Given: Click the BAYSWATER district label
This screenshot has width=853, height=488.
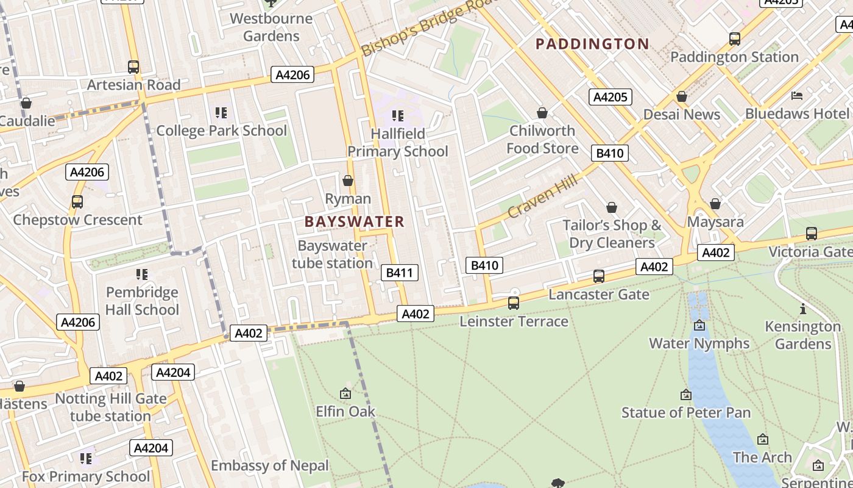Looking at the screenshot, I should (x=354, y=221).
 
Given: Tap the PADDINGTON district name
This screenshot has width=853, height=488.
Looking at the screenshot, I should (x=592, y=44).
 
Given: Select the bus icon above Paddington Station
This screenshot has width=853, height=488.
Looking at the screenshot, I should (x=735, y=39).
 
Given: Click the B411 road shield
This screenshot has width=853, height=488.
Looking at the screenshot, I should (x=400, y=273).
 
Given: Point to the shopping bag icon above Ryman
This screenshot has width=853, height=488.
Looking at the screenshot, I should (x=348, y=181).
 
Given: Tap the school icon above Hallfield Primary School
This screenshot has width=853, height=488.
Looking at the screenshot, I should (x=398, y=115).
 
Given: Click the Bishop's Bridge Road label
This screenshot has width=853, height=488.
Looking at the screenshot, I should (x=426, y=29).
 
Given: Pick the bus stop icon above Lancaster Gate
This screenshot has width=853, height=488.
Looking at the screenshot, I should (x=599, y=276).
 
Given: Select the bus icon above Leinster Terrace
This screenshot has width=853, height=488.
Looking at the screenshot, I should (x=514, y=303).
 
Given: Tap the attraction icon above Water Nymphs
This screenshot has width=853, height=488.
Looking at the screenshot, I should (x=699, y=326).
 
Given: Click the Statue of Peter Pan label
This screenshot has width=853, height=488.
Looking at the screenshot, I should (x=686, y=413).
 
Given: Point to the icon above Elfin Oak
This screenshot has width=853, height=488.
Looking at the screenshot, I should (x=345, y=394).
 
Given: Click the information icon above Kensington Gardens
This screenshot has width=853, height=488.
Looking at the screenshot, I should (x=803, y=309).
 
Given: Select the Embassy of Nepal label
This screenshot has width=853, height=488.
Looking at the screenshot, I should (x=270, y=465).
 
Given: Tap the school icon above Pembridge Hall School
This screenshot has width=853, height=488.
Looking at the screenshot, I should (x=142, y=274).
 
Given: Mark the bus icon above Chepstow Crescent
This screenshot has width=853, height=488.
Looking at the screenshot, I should (x=77, y=202).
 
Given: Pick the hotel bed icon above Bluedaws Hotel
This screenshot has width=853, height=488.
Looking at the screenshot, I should (x=797, y=96).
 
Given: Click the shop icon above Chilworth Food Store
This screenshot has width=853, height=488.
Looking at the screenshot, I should (x=542, y=113).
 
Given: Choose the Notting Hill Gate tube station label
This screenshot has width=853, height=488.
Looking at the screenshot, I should (x=111, y=407).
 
